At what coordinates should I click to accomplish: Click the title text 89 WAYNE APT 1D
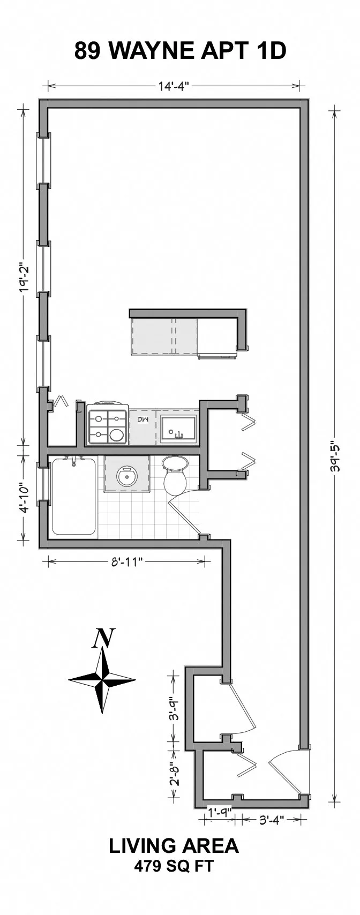[180, 51]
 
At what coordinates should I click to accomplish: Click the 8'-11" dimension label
[126, 561]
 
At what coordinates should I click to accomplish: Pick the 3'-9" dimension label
[173, 708]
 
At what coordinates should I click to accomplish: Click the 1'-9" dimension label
[219, 811]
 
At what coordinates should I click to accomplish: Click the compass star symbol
[102, 680]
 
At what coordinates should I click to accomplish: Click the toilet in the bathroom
[174, 475]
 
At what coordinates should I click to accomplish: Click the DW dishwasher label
[143, 419]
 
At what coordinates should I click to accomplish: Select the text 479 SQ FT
[174, 866]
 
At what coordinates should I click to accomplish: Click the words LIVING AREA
[174, 846]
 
